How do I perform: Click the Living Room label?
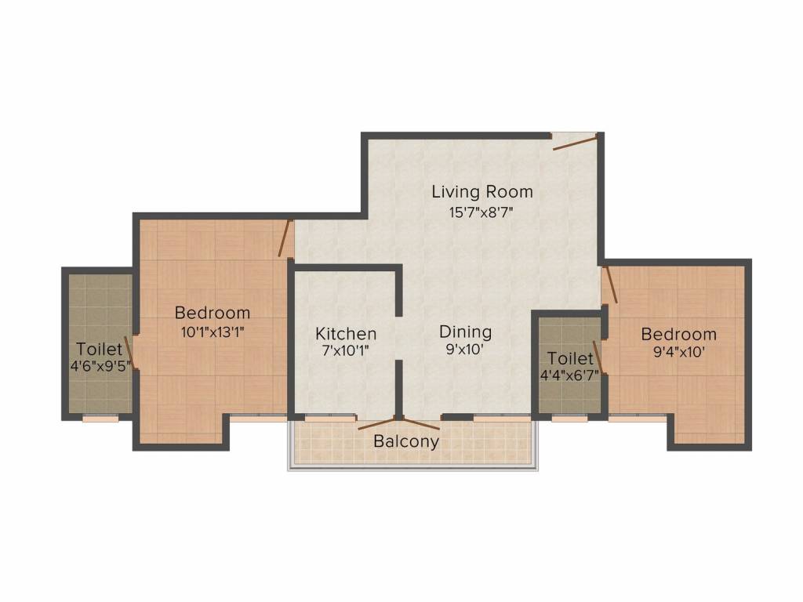[x=482, y=191]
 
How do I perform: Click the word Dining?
[x=465, y=332]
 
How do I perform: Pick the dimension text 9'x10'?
[x=465, y=350]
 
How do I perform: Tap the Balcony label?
[x=405, y=441]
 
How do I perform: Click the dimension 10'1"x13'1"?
[x=213, y=331]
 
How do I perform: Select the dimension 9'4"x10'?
[x=678, y=352]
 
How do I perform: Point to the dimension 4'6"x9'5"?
[x=100, y=365]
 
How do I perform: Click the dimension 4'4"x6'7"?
[x=569, y=375]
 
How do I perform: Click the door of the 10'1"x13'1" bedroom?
[x=285, y=238]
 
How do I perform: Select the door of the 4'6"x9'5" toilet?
[x=133, y=354]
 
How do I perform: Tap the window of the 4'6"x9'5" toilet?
[x=100, y=419]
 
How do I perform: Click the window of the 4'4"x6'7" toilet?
[x=569, y=419]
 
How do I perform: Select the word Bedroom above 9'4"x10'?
[x=678, y=334]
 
